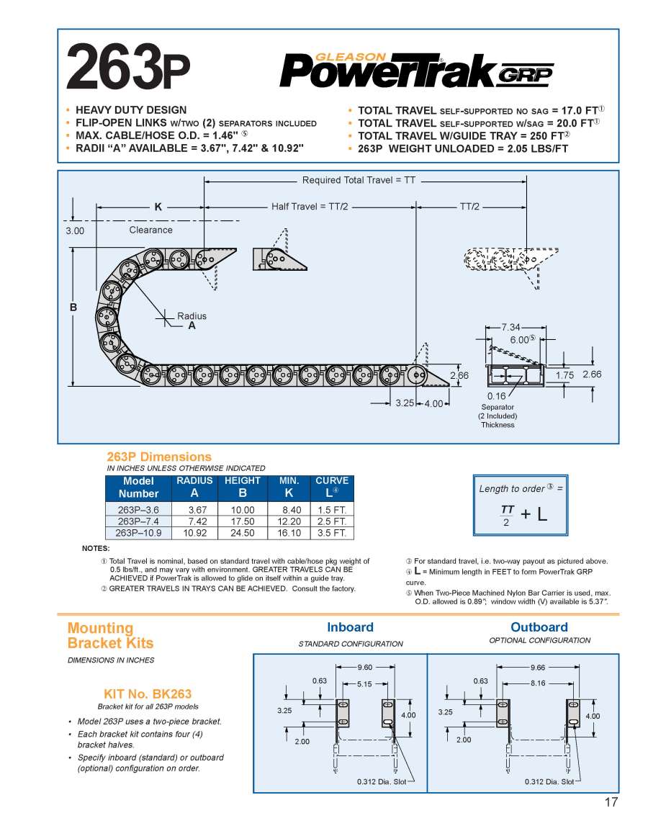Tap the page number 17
coord(611,804)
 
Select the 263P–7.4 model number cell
coord(139,521)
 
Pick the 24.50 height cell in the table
coord(242,533)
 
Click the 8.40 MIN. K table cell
coord(289,509)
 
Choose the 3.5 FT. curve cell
coord(332,533)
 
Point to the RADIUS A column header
coord(194,487)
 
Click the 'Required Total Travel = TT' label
coord(359,180)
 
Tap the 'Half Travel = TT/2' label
coord(310,207)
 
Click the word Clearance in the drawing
coord(150,230)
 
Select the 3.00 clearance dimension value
coord(75,231)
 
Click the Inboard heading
coord(350,627)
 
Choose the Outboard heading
coord(539,627)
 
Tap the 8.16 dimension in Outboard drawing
coord(538,683)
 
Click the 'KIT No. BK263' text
coord(148,694)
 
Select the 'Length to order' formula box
coord(521,504)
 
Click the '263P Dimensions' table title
coord(159,457)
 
